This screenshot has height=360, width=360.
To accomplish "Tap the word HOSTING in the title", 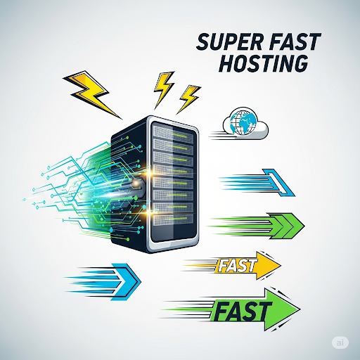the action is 264,63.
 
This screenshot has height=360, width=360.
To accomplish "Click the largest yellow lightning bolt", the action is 92,94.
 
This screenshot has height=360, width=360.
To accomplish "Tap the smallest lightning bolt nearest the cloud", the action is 188,99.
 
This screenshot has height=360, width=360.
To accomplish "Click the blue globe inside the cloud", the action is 243,122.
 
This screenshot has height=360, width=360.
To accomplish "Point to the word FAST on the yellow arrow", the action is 236,266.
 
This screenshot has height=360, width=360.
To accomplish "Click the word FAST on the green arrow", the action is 243,311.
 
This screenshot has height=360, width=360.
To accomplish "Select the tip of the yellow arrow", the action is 281,265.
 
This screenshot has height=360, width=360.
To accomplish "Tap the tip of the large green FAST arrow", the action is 300,309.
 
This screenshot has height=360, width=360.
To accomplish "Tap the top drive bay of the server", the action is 173,132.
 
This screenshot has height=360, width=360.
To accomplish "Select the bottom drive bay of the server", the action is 173,219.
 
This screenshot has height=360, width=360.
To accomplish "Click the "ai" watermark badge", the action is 340,342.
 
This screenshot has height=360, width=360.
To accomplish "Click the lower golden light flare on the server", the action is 148,212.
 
